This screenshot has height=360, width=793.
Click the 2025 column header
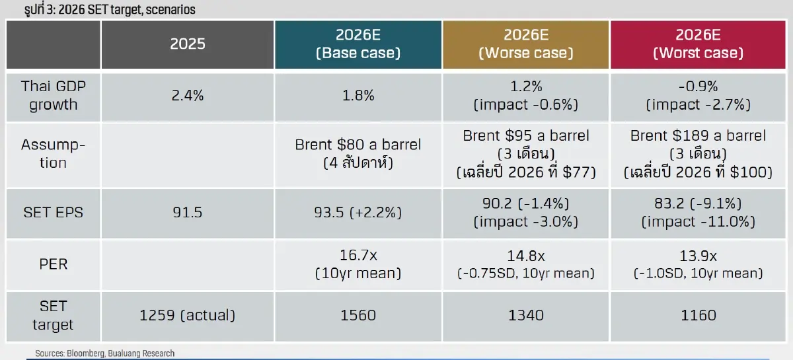pyautogui.click(x=187, y=44)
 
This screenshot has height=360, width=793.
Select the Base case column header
pyautogui.click(x=358, y=44)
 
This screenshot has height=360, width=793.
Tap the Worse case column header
pyautogui.click(x=526, y=44)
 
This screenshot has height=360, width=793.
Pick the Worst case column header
pyautogui.click(x=698, y=44)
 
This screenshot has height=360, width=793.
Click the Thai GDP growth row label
pyautogui.click(x=53, y=96)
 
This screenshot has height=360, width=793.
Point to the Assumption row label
pyautogui.click(x=53, y=154)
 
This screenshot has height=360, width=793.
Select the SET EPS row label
pyautogui.click(x=53, y=213)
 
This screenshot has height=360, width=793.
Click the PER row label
pyautogui.click(x=53, y=264)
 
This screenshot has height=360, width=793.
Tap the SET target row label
pyautogui.click(x=53, y=315)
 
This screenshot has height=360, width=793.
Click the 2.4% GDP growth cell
pyautogui.click(x=187, y=96)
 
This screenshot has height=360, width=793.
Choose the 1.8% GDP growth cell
pyautogui.click(x=358, y=96)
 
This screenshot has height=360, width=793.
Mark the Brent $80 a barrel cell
pyautogui.click(x=358, y=154)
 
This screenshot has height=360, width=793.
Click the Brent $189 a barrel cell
pyautogui.click(x=698, y=154)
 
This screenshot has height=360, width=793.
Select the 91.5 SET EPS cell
pyautogui.click(x=187, y=213)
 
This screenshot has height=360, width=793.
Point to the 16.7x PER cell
pyautogui.click(x=358, y=264)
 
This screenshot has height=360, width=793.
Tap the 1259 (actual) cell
pyautogui.click(x=187, y=315)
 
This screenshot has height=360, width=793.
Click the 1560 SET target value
pyautogui.click(x=358, y=315)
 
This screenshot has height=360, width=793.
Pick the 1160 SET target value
pyautogui.click(x=698, y=315)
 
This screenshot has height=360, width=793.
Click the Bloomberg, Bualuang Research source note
pyautogui.click(x=105, y=353)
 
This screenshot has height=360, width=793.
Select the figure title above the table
pyautogui.click(x=110, y=9)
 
